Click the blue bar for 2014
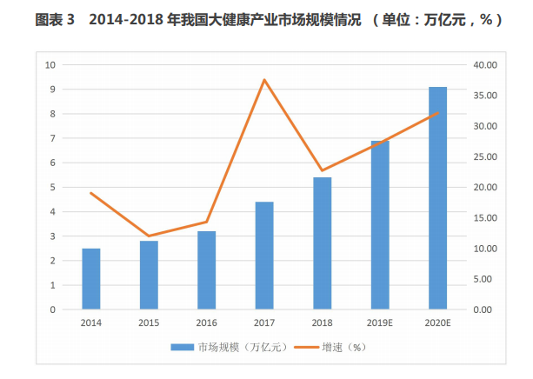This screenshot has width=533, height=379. tap(91, 279)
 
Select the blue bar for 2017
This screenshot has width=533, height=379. tap(264, 256)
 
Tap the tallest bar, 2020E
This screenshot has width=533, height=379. tap(438, 198)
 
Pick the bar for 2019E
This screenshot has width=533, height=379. tap(380, 225)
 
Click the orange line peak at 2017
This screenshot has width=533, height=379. tap(264, 80)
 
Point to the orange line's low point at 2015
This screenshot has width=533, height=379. tap(149, 236)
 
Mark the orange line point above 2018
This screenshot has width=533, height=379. tap(323, 170)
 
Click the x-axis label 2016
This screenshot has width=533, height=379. tap(206, 322)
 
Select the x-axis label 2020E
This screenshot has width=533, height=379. tap(437, 322)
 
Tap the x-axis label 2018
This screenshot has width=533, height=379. tap(322, 322)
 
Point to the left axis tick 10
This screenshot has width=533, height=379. tap(50, 65)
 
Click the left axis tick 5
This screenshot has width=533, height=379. tap(53, 187)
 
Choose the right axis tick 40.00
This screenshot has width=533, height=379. tap(485, 65)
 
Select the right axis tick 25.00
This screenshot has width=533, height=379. tap(485, 156)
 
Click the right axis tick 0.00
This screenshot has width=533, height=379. tap(483, 309)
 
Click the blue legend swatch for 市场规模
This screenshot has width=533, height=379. tap(183, 348)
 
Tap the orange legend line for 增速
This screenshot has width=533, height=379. tap(307, 348)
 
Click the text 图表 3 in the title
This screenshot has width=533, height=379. tap(55, 20)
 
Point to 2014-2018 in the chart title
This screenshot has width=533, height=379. tap(126, 20)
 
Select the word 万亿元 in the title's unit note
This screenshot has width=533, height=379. tap(444, 20)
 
